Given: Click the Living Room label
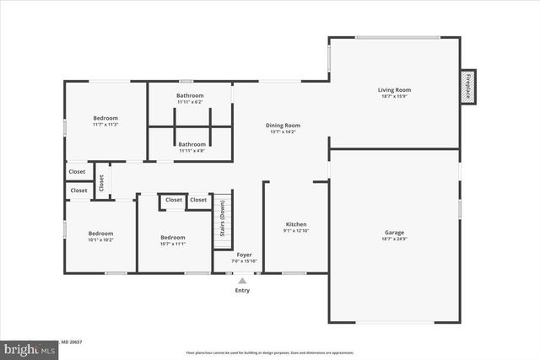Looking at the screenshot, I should [394, 89].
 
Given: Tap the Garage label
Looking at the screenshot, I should [394, 232].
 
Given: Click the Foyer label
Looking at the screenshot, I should [244, 254].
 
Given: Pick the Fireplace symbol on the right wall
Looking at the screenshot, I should [467, 86].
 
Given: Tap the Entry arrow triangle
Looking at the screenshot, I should [242, 281].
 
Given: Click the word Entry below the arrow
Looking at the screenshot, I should [242, 291].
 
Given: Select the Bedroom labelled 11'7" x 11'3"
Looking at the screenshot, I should [105, 118].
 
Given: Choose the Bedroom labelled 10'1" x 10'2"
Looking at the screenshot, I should [101, 233].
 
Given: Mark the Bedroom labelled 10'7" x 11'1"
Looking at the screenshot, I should [173, 237].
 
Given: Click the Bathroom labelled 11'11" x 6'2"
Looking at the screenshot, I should [190, 95].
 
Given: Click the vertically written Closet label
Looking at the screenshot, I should [100, 180].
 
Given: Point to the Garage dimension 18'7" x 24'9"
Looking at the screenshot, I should [394, 239].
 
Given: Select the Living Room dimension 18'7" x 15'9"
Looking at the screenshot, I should [394, 97].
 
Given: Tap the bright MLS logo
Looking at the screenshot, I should [27, 347].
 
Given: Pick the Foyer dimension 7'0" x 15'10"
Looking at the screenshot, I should [244, 261].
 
